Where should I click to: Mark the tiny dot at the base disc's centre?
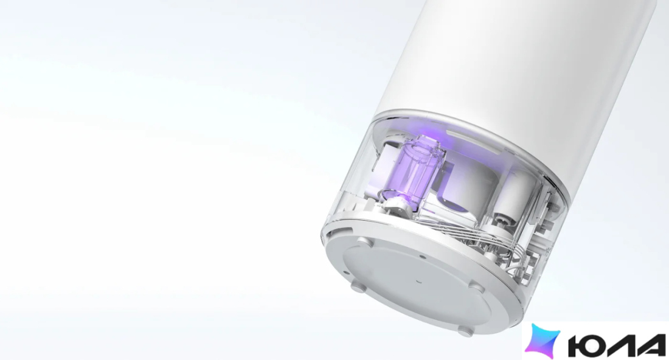tap(418, 281)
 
